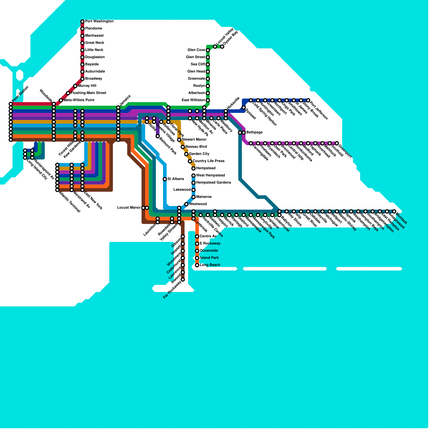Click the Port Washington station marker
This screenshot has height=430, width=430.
[83, 21]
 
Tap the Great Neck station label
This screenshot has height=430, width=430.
[94, 43]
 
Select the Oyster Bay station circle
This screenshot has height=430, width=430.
[222, 47]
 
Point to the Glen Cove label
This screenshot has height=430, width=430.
[196, 50]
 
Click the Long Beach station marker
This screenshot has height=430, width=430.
[197, 265]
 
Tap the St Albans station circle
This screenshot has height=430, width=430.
[165, 179]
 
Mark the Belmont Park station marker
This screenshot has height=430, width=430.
[158, 136]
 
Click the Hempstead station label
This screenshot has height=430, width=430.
[206, 168]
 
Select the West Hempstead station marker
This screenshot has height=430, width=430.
[193, 175]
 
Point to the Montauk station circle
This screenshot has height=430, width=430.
[394, 212]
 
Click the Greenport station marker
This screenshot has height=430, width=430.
[337, 144]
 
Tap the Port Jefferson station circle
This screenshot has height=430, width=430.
[308, 100]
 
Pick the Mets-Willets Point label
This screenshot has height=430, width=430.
[79, 100]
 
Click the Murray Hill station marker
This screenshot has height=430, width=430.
[75, 86]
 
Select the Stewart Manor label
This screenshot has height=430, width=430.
[194, 139]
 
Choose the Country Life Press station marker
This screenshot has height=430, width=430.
[190, 161]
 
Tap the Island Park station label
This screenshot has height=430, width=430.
[209, 258]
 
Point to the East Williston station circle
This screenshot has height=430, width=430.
[208, 100]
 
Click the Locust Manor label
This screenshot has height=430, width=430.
[129, 208]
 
